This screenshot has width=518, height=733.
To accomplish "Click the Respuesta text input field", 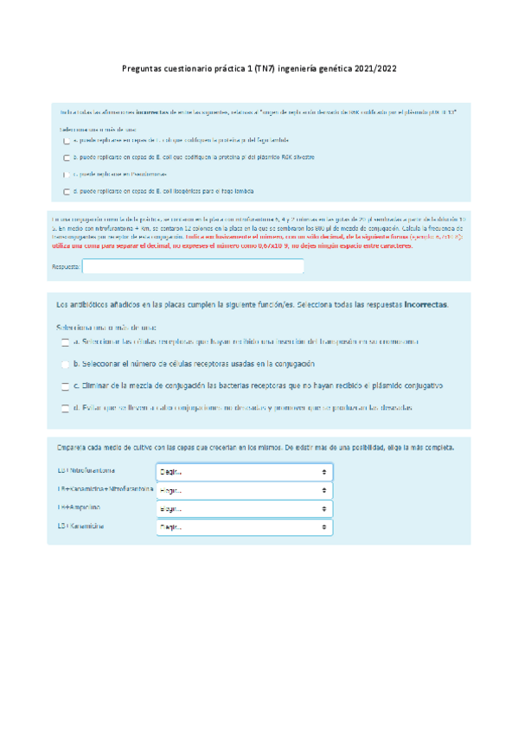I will (x=193, y=267).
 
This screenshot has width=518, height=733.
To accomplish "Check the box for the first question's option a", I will (x=67, y=139).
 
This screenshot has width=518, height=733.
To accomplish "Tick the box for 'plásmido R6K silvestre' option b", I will (x=67, y=157).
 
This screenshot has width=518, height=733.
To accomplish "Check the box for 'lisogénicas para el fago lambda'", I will (x=67, y=192).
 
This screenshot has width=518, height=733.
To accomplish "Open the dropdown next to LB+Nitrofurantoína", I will (x=244, y=473).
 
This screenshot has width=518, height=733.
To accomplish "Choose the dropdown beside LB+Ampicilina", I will (x=244, y=509).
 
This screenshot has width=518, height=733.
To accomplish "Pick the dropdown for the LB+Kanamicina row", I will (x=244, y=526).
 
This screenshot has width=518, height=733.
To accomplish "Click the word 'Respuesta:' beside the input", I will (x=66, y=267).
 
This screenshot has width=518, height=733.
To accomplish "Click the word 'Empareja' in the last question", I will (x=71, y=449).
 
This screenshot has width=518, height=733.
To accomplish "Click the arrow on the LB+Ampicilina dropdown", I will (x=323, y=509).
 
